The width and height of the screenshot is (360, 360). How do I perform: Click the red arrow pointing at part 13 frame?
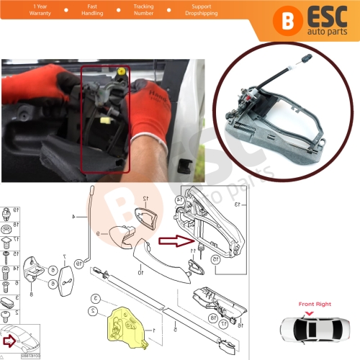[x=173, y=243]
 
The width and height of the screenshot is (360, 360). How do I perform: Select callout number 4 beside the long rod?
[x=73, y=215]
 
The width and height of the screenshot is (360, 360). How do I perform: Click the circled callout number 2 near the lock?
[x=92, y=312]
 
